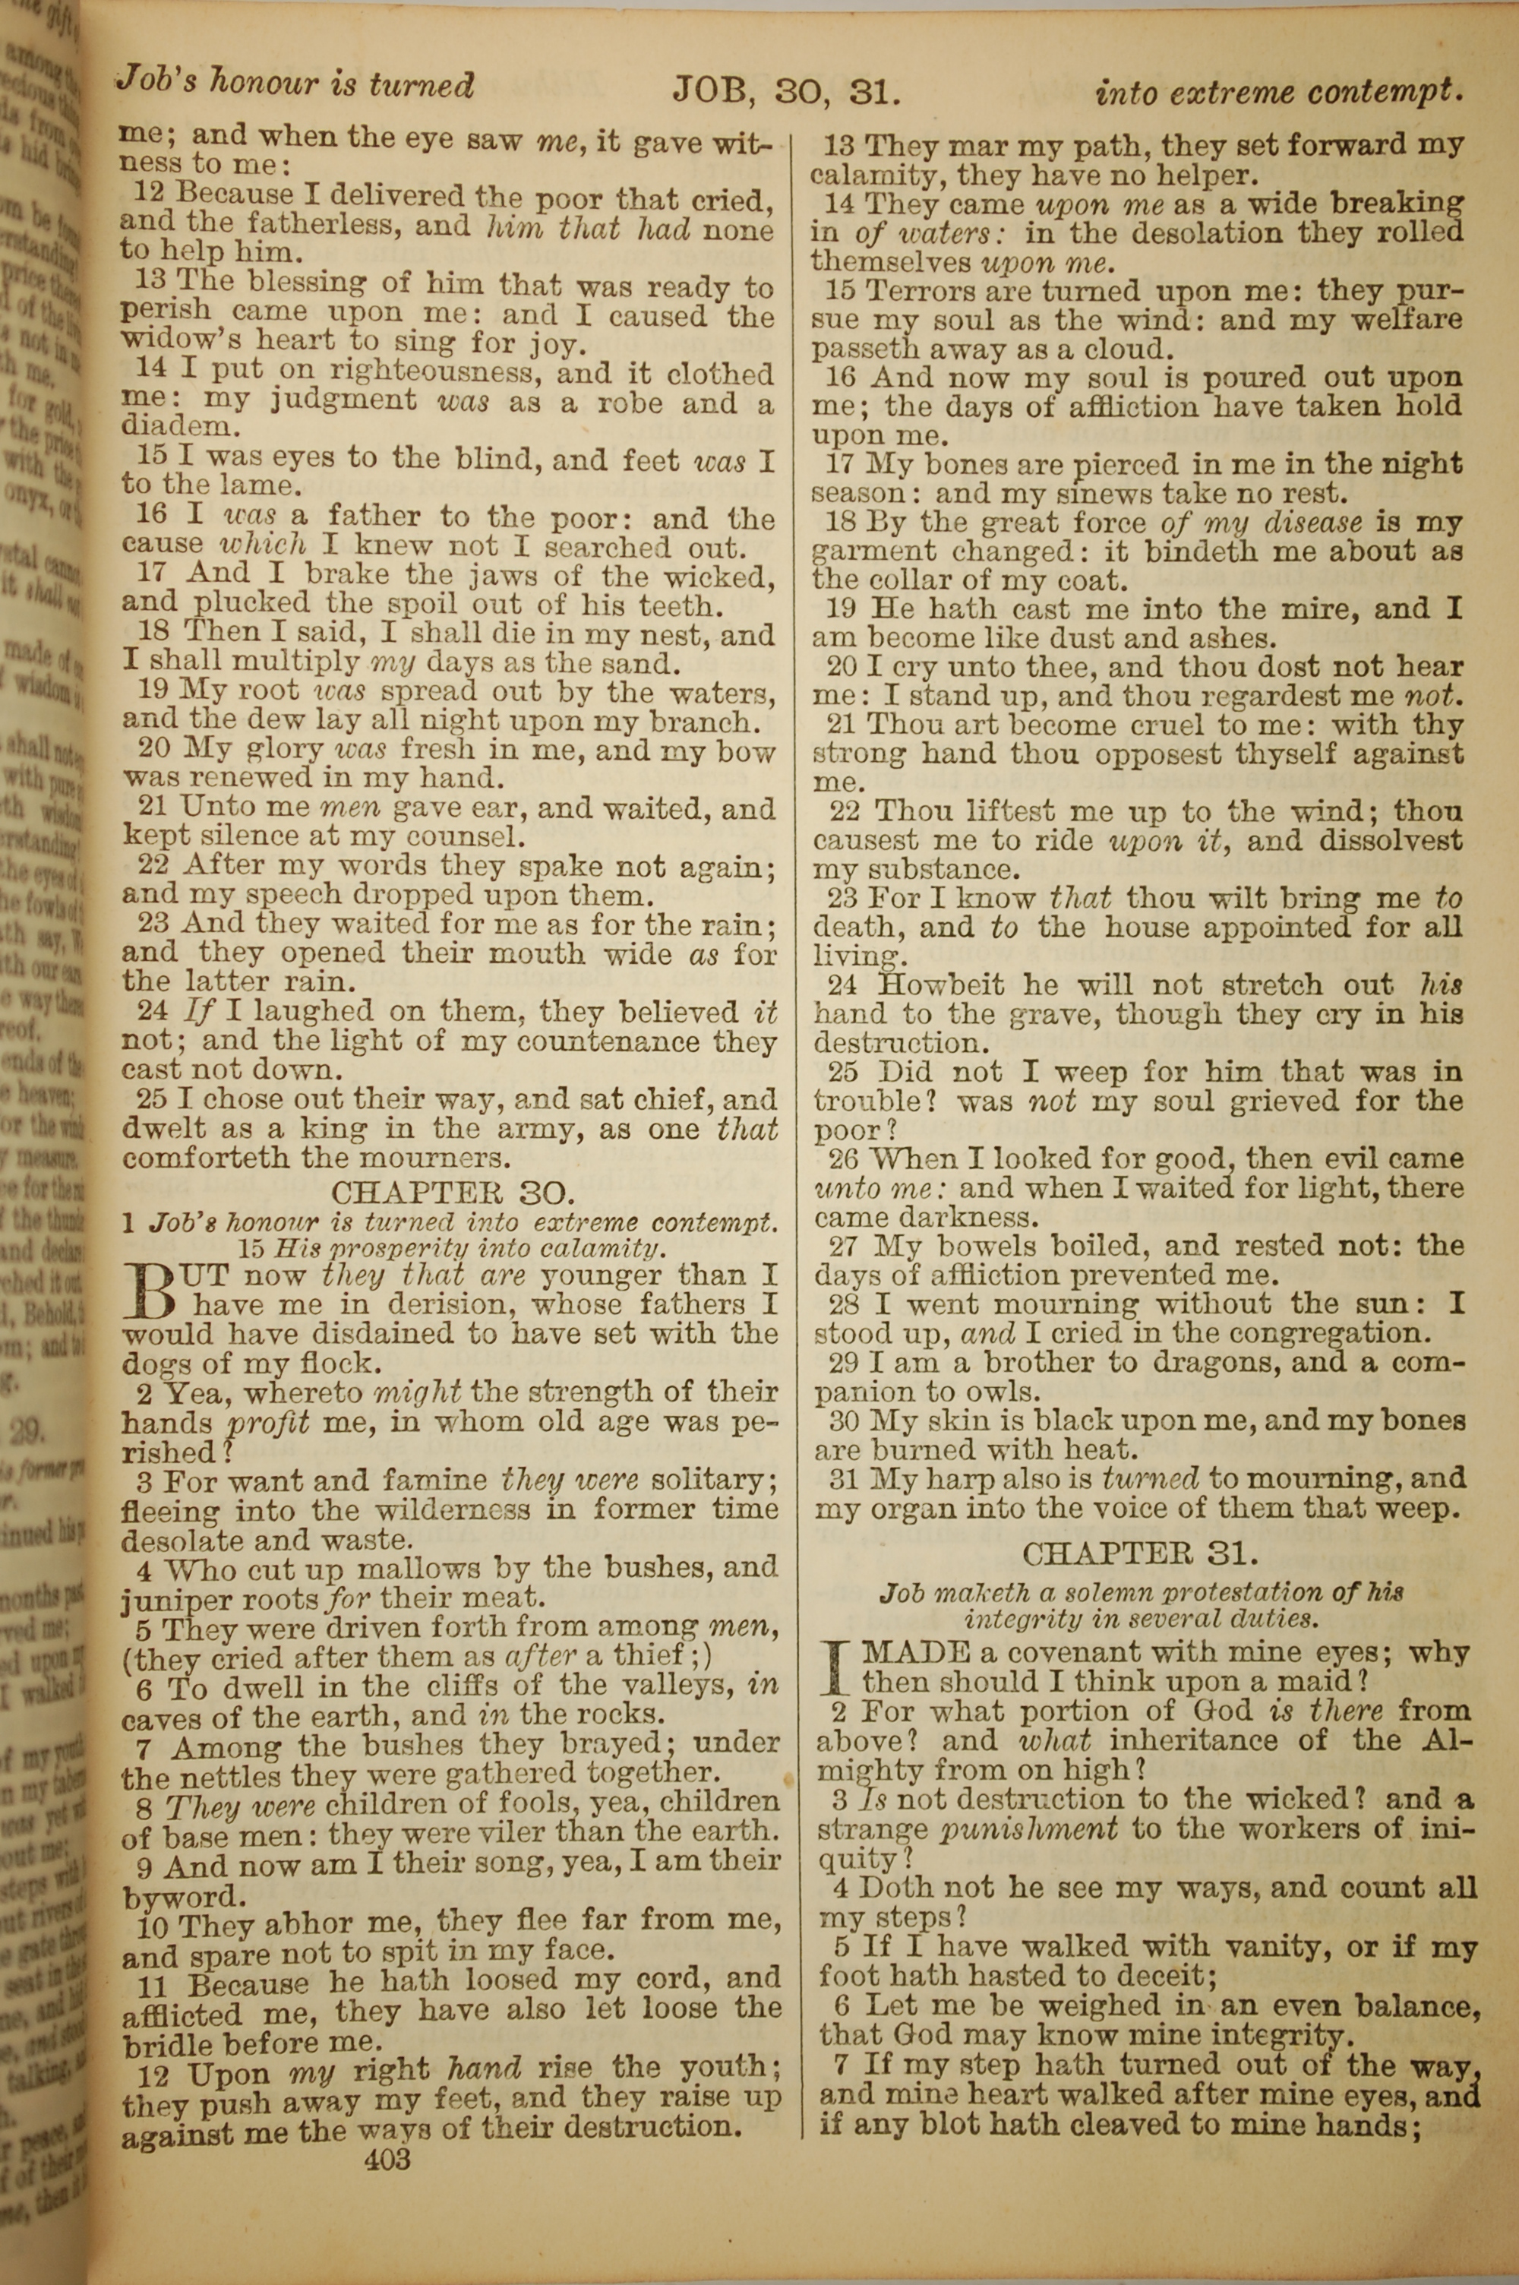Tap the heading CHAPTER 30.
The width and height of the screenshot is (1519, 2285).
point(453,1191)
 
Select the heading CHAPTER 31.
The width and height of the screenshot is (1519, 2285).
point(1140,1553)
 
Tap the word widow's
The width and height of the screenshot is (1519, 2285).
point(182,340)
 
